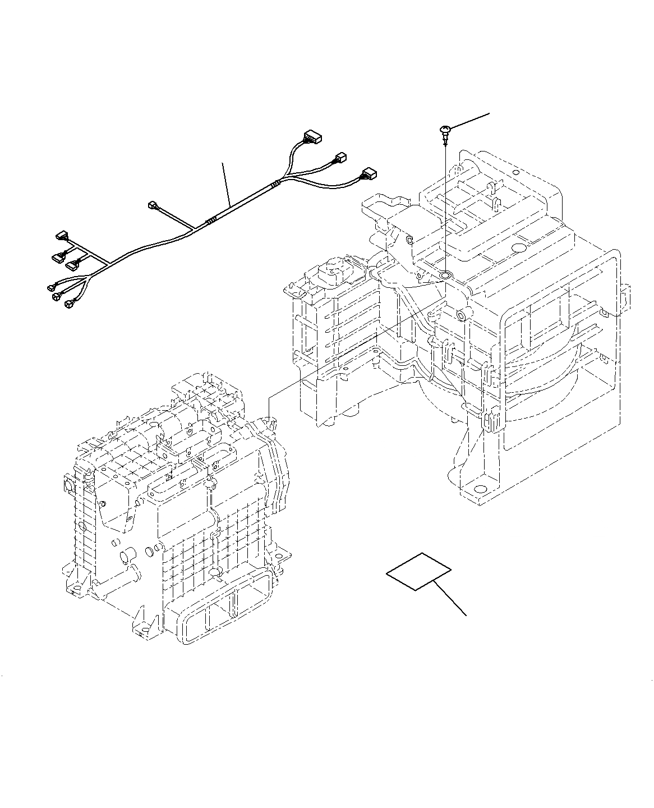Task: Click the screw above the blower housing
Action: pos(444,130)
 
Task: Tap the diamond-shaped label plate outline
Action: pos(418,571)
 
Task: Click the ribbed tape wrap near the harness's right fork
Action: pos(274,185)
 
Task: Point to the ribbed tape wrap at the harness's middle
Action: pos(210,221)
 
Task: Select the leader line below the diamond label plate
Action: pos(452,600)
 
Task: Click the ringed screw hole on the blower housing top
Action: pos(446,276)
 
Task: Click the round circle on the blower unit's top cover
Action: pos(518,247)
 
